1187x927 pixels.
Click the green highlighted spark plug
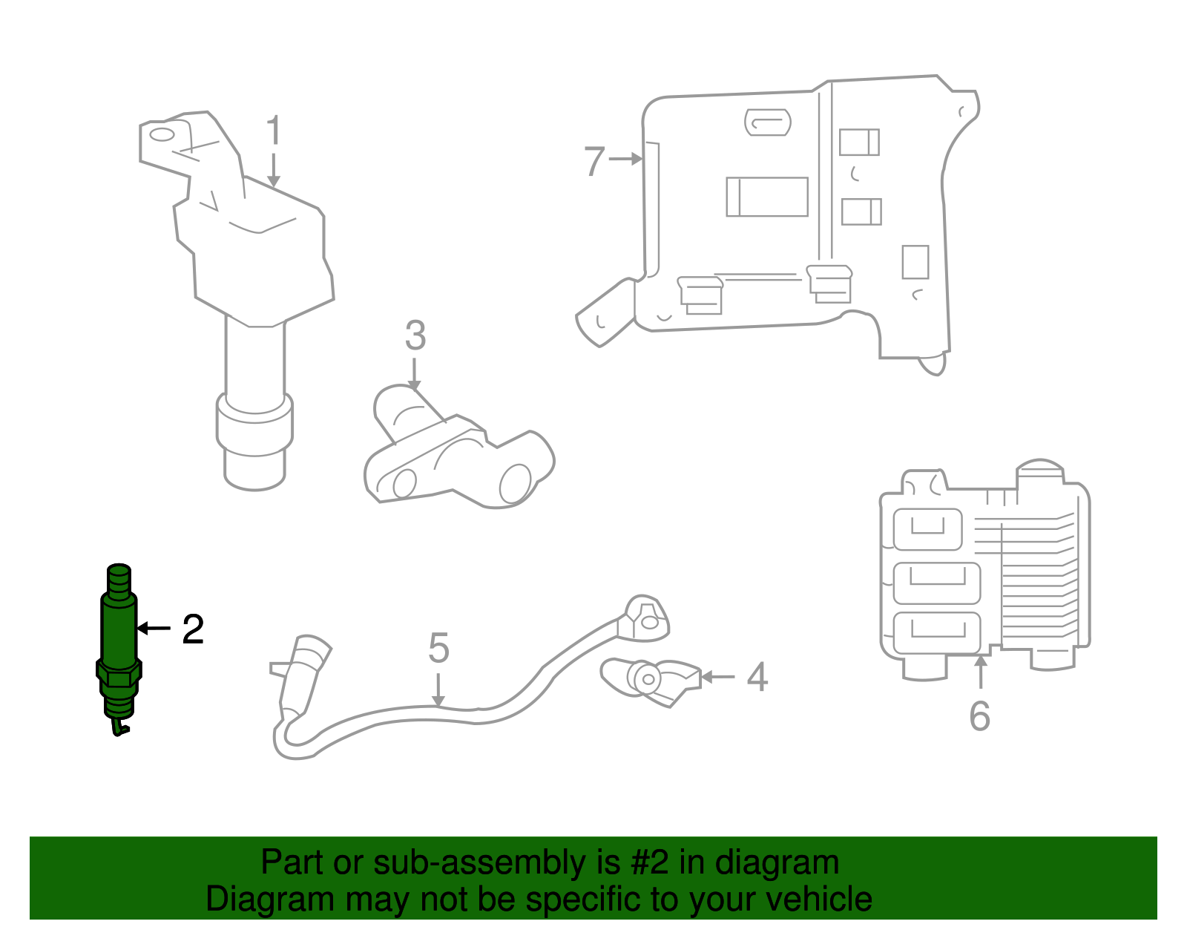point(119,638)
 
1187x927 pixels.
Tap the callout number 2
point(193,629)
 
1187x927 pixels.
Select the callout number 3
point(415,335)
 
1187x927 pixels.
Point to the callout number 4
point(757,677)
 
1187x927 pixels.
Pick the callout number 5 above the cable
point(438,648)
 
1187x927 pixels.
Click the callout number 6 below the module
point(979,715)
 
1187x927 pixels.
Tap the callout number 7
point(594,161)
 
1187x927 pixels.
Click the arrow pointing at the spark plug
point(154,629)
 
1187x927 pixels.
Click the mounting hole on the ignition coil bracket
point(162,135)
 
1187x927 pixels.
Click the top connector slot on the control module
point(927,528)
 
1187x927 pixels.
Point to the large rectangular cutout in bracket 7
point(767,197)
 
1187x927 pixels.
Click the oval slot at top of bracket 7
point(767,122)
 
